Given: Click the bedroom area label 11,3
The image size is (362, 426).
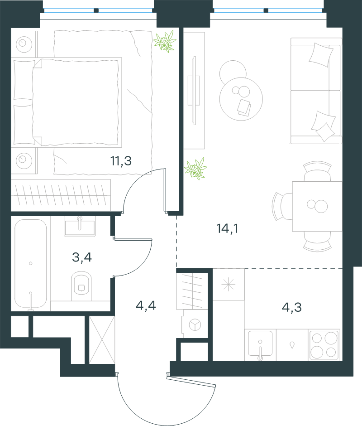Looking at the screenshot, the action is coord(121,161).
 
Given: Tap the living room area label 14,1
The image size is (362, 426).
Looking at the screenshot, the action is coord(228,228).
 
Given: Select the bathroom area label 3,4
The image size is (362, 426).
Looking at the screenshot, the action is coord(82,257).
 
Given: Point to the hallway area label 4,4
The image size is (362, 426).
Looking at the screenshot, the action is coord(146,305).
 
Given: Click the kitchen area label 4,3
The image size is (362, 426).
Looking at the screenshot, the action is coord(292,307).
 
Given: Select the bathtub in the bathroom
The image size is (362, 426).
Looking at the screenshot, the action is coord(31,264).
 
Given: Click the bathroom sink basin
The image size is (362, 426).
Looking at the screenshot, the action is coord(80,226).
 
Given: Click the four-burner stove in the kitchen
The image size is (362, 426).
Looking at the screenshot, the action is coord(324,345).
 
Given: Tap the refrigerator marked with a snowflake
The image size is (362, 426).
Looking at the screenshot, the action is coord(228,285).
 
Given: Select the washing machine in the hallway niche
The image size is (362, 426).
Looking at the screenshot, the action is coord(195,324).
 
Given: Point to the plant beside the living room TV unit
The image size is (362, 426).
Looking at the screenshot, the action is coord(195,169).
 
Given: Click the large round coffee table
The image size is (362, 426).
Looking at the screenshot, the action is coord(241,99).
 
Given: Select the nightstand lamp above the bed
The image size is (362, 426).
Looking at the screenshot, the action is coord(24,44).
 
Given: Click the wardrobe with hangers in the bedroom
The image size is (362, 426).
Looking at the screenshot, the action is coord(61,195).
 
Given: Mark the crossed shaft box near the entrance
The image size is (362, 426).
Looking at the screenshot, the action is coord(102,339).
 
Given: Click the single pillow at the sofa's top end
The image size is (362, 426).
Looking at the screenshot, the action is coord(321,54).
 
